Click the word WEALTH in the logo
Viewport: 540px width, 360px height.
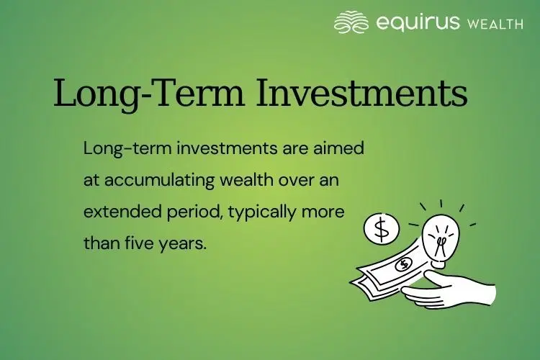(x=495, y=24)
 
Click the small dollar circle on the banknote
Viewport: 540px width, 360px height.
(x=404, y=264)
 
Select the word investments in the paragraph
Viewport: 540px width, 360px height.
(x=202, y=149)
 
